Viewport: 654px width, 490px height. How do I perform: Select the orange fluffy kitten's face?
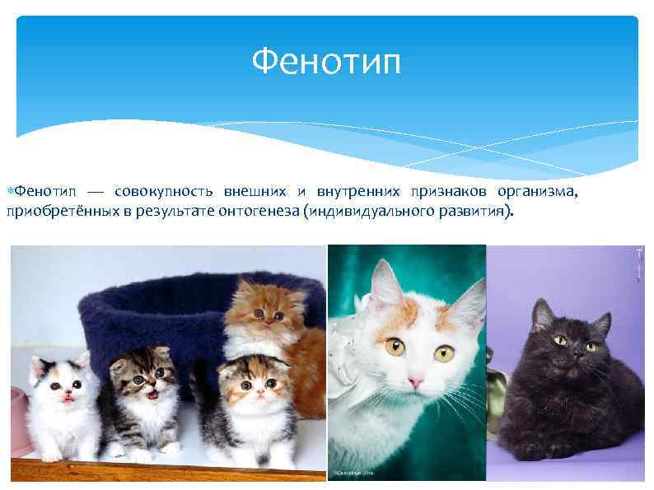click(264, 314)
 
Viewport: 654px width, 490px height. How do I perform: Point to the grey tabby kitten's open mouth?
click(152, 394)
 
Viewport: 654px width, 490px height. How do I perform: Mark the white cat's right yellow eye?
click(395, 346)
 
